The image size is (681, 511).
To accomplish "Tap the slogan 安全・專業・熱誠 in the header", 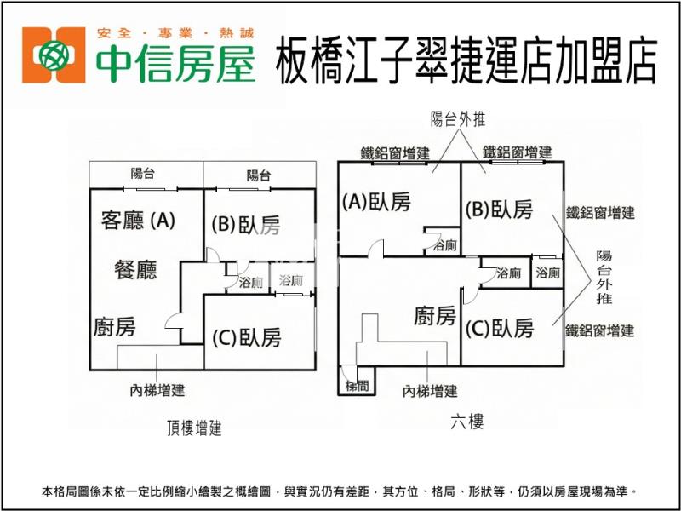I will (175, 33).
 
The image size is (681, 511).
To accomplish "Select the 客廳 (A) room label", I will (138, 221).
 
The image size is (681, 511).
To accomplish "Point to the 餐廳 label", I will (135, 271).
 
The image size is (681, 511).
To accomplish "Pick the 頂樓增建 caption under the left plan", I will (194, 428).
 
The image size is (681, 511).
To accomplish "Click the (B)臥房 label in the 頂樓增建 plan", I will (246, 225).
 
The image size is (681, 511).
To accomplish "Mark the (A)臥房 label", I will (375, 202).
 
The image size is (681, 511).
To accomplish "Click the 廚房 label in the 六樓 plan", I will (434, 317).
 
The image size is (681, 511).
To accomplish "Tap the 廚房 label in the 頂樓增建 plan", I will (114, 326).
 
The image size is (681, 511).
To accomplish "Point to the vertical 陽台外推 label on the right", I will (604, 277).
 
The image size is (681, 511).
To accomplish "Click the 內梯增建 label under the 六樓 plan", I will (430, 391).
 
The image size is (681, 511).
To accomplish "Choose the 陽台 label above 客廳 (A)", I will (143, 174).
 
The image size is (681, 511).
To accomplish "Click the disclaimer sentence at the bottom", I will (340, 491).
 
